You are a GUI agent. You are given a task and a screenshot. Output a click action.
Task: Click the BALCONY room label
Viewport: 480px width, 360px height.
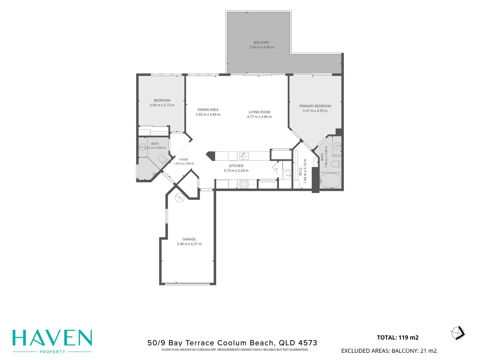pos(261,43)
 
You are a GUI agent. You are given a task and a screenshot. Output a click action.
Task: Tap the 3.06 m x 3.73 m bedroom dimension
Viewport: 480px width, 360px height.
pos(162,105)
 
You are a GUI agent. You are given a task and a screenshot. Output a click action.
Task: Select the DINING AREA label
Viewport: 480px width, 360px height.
pos(208,110)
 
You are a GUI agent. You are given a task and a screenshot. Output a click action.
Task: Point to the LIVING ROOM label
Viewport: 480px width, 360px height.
pos(259,112)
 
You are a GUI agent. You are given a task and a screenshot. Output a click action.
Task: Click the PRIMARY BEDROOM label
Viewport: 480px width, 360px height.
pos(315,106)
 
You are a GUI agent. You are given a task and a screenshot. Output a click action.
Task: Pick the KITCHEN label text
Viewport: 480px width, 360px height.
pos(236,166)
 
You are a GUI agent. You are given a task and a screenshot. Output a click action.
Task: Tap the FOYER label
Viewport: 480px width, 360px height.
pos(184,159)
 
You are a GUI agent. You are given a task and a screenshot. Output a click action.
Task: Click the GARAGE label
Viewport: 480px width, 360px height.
pos(189,239)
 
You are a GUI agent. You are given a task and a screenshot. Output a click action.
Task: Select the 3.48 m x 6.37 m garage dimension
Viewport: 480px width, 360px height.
pos(189,244)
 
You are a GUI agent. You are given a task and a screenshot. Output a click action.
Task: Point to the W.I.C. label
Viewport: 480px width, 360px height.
pos(300,171)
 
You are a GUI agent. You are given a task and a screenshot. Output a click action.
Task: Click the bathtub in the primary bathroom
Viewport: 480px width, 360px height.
pos(330,181)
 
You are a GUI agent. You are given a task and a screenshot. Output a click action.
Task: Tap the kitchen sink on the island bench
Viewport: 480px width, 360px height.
pos(244,156)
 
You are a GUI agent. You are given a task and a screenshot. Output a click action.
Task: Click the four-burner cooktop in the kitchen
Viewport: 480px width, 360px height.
pos(244,184)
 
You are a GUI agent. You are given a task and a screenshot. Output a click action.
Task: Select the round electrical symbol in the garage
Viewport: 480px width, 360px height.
pos(180,198)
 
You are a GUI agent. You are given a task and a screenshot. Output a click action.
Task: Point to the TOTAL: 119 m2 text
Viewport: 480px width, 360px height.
pos(398,337)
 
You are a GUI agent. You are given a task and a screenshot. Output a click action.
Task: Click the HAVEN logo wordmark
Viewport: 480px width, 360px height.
pos(52,338)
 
